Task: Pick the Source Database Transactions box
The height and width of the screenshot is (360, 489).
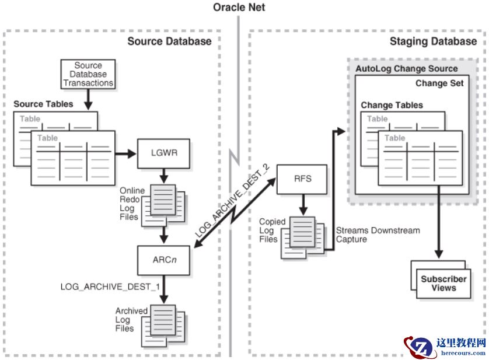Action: (x=88, y=75)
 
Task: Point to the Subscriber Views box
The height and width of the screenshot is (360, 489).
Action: (x=443, y=283)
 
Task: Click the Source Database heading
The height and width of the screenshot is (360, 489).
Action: (x=169, y=41)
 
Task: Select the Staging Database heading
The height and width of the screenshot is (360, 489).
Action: (x=433, y=41)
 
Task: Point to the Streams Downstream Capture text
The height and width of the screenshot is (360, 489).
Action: (x=378, y=235)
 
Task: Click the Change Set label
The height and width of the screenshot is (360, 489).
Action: (x=439, y=83)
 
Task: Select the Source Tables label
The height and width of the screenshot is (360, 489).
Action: (x=44, y=104)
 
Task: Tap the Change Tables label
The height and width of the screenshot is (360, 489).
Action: (x=392, y=106)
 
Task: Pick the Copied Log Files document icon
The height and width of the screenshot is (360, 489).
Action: (x=301, y=236)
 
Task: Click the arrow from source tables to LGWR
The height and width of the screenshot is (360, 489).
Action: (x=125, y=155)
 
